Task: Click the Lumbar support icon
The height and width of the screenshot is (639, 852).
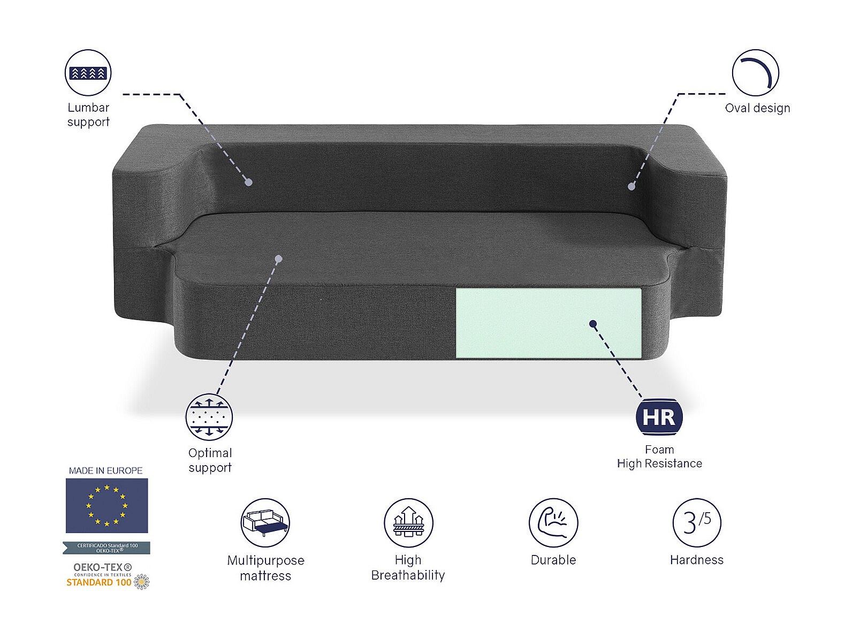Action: point(88,73)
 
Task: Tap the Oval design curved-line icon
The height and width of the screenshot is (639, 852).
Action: point(755,73)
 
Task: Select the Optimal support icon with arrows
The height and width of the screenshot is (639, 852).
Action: point(209,417)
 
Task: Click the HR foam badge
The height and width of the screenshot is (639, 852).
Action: point(659,417)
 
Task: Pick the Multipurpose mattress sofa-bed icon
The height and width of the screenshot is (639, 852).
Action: point(265,522)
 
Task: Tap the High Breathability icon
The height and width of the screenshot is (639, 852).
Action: point(408,522)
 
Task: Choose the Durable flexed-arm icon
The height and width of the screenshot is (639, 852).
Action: point(553,522)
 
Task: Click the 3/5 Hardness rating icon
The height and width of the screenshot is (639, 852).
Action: point(697,522)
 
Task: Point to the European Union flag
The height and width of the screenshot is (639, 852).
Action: point(107,506)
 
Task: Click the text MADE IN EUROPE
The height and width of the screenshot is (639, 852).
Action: point(105,470)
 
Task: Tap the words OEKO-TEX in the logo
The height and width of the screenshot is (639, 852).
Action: point(102,567)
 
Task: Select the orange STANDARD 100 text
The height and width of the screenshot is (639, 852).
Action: point(99,582)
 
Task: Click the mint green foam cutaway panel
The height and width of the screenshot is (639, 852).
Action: point(548,323)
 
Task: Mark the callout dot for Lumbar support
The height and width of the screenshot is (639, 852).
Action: point(249,182)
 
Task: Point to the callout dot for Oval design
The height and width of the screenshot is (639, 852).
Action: point(632,186)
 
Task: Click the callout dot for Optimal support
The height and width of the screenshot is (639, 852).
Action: point(278,259)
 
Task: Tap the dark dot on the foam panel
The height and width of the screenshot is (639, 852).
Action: point(593,324)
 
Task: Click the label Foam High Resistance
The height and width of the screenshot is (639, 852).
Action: point(659,457)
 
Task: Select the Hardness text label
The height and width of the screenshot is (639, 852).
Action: point(697,560)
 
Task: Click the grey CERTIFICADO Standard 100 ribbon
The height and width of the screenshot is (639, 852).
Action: point(107,547)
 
